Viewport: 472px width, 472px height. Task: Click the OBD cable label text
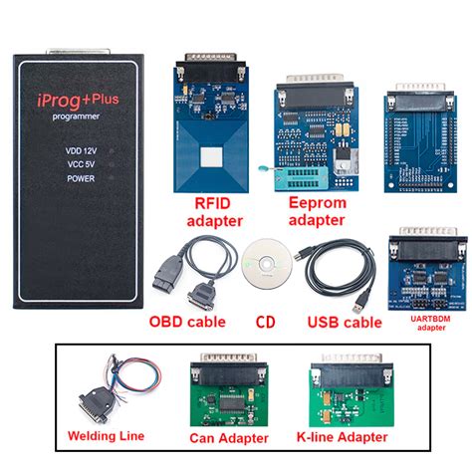pyautogui.click(x=187, y=323)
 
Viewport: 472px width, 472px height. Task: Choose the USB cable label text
pyautogui.click(x=343, y=323)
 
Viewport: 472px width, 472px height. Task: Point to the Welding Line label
pyautogui.click(x=105, y=435)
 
